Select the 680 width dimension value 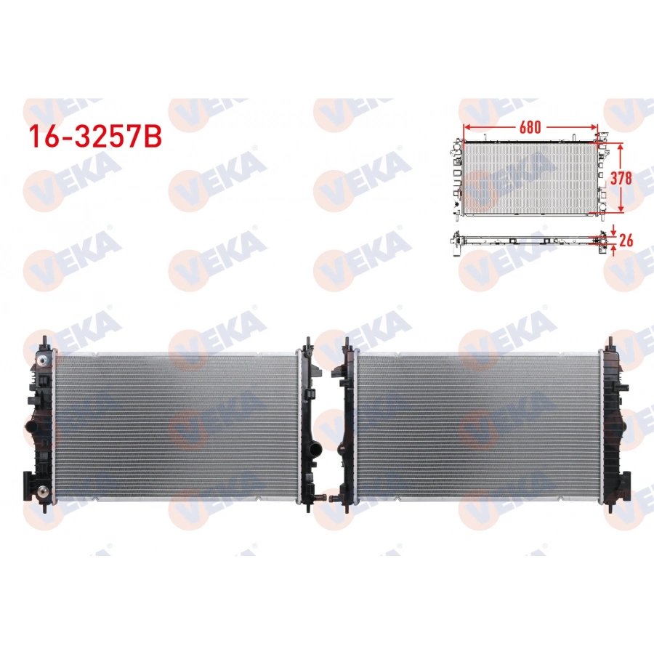pyautogui.click(x=530, y=126)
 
